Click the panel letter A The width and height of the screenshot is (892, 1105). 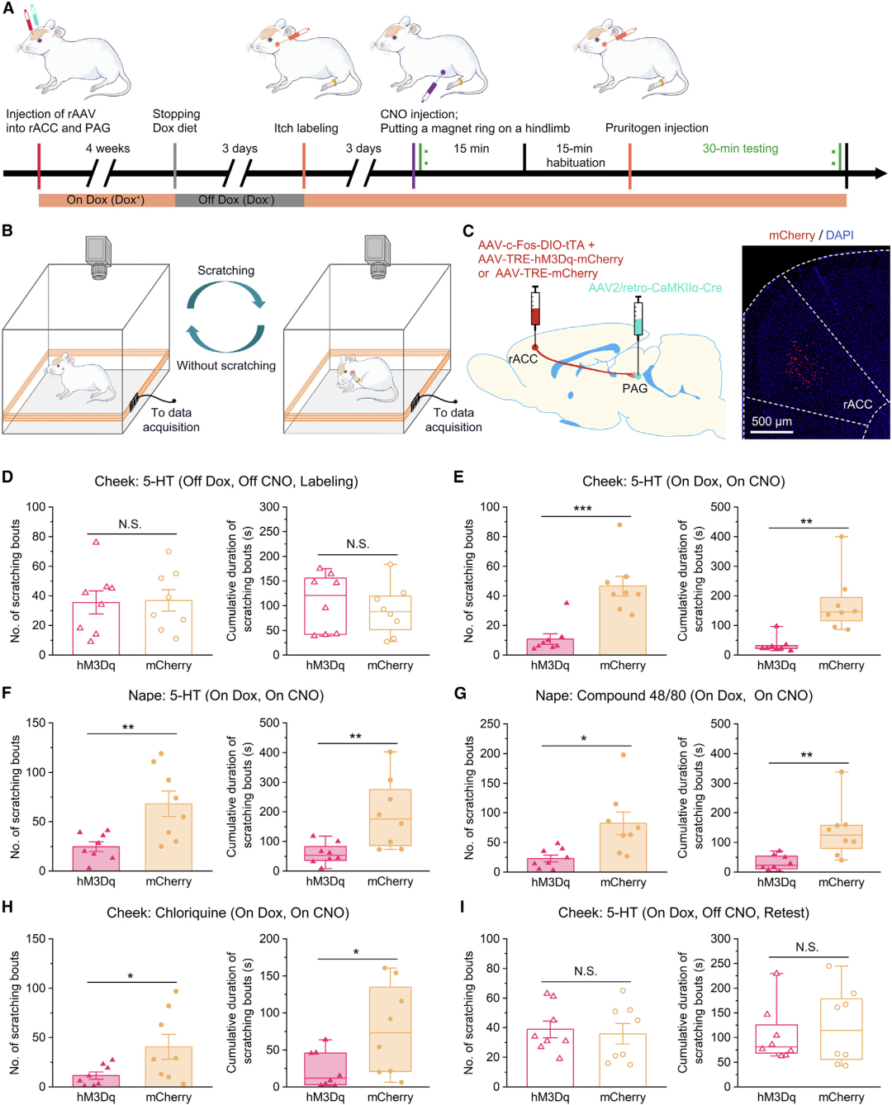click(8, 7)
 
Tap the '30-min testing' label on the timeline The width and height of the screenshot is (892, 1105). click(740, 149)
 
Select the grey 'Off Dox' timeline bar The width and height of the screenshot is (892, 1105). click(239, 200)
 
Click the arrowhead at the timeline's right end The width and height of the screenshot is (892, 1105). click(880, 173)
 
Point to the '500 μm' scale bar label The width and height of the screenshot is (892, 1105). click(771, 421)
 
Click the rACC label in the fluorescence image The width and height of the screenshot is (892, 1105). click(857, 404)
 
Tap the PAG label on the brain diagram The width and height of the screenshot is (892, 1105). click(634, 388)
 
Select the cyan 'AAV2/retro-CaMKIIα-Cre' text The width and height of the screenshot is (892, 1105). click(655, 287)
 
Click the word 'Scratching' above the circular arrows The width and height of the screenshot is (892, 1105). click(225, 270)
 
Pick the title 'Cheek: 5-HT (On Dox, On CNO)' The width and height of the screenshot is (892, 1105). click(683, 481)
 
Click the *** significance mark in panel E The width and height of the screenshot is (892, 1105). click(582, 509)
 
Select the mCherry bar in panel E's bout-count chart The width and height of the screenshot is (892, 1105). click(623, 620)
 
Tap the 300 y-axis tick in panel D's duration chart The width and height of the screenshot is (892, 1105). click(269, 507)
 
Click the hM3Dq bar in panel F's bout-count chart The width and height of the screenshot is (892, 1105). click(96, 858)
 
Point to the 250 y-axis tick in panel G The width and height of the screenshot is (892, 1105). click(490, 724)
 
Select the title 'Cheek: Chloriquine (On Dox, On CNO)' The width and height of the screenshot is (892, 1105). click(228, 913)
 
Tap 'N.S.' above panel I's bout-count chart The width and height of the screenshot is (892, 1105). click(586, 971)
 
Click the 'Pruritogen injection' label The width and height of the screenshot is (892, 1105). click(657, 128)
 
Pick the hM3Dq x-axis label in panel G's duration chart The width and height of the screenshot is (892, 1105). click(776, 882)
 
